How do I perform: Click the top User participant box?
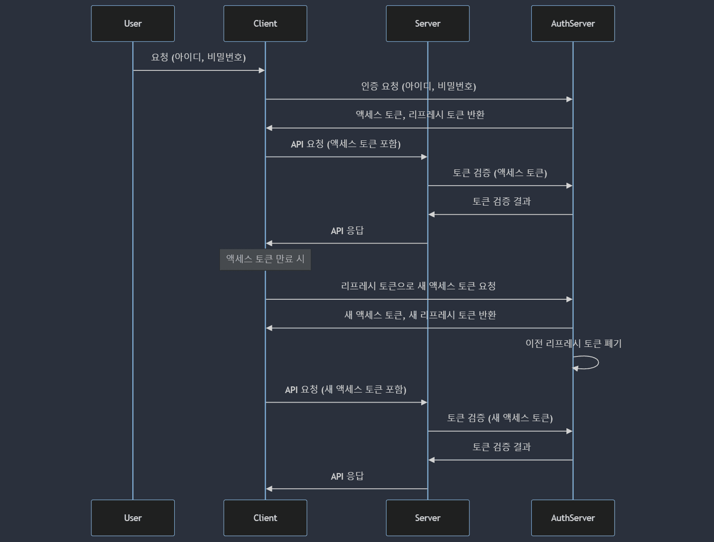[x=133, y=24]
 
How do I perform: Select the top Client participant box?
[x=265, y=24]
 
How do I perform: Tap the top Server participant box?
[x=427, y=24]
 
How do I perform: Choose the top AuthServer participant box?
[x=573, y=24]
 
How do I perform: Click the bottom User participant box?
[x=133, y=518]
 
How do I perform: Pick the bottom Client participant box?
[x=265, y=518]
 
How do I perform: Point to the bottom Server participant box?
[x=427, y=518]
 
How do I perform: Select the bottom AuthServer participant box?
[x=573, y=518]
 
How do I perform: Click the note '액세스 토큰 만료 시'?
[x=265, y=259]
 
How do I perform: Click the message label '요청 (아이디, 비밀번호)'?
[x=198, y=58]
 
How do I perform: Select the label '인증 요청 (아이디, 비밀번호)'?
[x=418, y=86]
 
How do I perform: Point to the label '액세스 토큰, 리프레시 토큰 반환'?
[x=420, y=115]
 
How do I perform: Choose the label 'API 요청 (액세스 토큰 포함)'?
[x=346, y=144]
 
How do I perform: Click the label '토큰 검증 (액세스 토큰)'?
[x=500, y=173]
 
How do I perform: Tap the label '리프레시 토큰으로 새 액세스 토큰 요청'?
[x=418, y=286]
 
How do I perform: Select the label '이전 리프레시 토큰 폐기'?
[x=573, y=344]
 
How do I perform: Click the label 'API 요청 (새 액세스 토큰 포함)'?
[x=346, y=390]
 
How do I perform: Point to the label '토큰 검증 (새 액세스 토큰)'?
[x=500, y=418]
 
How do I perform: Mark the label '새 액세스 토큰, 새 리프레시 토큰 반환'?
[x=420, y=315]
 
